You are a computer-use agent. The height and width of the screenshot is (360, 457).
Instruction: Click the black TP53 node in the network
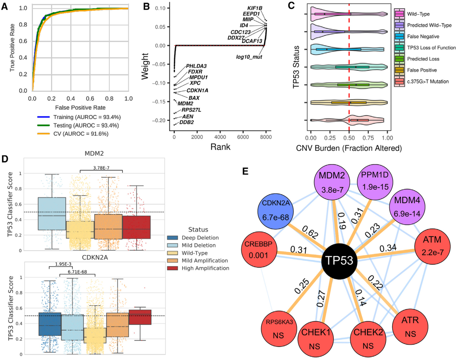pyautogui.click(x=339, y=261)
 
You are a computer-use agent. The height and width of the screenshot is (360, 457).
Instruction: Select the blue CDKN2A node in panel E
pyautogui.click(x=276, y=210)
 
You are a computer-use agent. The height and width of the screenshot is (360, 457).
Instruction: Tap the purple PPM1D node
pyautogui.click(x=375, y=181)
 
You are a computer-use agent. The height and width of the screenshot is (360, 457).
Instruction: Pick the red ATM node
pyautogui.click(x=432, y=246)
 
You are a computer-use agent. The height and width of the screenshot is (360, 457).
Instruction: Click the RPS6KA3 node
pyautogui.click(x=279, y=329)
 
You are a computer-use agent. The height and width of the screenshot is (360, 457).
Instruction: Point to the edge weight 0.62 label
pyautogui.click(x=310, y=232)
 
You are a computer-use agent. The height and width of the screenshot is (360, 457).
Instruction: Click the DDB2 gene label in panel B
pyautogui.click(x=187, y=122)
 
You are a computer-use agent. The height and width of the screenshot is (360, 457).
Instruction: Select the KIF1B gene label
pyautogui.click(x=255, y=8)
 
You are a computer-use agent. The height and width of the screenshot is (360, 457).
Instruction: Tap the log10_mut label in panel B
pyautogui.click(x=249, y=57)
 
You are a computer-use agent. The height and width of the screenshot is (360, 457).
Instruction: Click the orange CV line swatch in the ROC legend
pyautogui.click(x=43, y=134)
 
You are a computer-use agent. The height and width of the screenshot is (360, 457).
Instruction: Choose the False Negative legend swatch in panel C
pyautogui.click(x=399, y=36)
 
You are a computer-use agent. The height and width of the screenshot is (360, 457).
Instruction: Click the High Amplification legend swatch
pyautogui.click(x=172, y=268)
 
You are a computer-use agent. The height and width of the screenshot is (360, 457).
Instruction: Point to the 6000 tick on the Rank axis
pyautogui.click(x=243, y=137)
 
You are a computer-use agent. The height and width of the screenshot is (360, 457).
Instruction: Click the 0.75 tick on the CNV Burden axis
pyautogui.click(x=368, y=138)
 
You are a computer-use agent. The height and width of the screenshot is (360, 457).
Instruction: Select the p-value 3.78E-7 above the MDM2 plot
pyautogui.click(x=101, y=168)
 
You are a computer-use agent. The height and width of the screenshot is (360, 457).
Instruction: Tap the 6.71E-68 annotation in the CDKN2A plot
pyautogui.click(x=77, y=272)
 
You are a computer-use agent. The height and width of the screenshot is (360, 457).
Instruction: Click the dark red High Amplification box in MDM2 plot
pyautogui.click(x=136, y=227)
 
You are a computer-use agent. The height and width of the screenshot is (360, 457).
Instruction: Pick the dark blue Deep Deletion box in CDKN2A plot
pyautogui.click(x=50, y=324)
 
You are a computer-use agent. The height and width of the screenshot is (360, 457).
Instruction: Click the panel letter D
pyautogui.click(x=5, y=159)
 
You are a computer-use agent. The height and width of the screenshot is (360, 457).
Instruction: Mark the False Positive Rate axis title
pyautogui.click(x=80, y=107)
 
